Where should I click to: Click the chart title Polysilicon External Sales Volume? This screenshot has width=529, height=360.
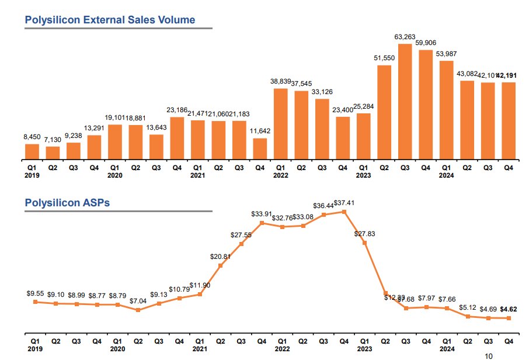[x=110, y=20]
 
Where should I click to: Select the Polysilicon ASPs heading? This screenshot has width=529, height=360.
[x=67, y=203]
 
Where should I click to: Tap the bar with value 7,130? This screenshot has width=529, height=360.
[x=53, y=153]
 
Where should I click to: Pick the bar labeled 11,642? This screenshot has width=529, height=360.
[x=260, y=149]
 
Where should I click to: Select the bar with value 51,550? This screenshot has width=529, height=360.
[x=384, y=112]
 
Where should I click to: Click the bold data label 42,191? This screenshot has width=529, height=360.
[x=508, y=75]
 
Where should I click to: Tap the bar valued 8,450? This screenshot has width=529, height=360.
[x=32, y=151]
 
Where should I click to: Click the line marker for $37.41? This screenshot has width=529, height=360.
[x=344, y=212]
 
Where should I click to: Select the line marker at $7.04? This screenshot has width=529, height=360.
[x=138, y=310]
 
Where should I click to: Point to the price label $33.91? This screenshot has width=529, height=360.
[x=262, y=214]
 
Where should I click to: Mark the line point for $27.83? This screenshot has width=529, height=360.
[x=365, y=242]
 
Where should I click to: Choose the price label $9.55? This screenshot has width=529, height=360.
[x=35, y=294]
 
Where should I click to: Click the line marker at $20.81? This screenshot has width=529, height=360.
[x=221, y=265]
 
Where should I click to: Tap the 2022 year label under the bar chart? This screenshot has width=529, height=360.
[x=281, y=174]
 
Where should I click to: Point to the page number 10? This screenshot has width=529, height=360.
[x=489, y=355]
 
